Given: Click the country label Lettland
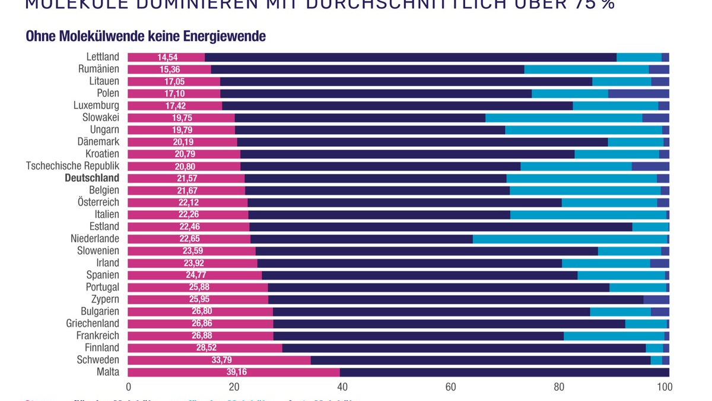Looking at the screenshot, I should point(103,57).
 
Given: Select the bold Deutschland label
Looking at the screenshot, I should point(92,178).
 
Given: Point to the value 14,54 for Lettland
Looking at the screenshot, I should point(166,58).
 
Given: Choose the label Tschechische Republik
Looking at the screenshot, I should point(72,166).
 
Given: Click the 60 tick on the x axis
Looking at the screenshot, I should point(450,387).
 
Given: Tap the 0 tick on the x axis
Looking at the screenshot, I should point(128,387).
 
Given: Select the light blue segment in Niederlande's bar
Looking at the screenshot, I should point(570,239).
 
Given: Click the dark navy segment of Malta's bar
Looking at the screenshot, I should point(504,372).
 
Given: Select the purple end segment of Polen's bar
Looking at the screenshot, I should point(638,93).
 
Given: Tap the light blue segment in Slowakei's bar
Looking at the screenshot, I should point(564,118).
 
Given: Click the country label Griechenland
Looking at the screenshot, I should point(93,324).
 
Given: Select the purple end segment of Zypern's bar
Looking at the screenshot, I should point(656,299).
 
